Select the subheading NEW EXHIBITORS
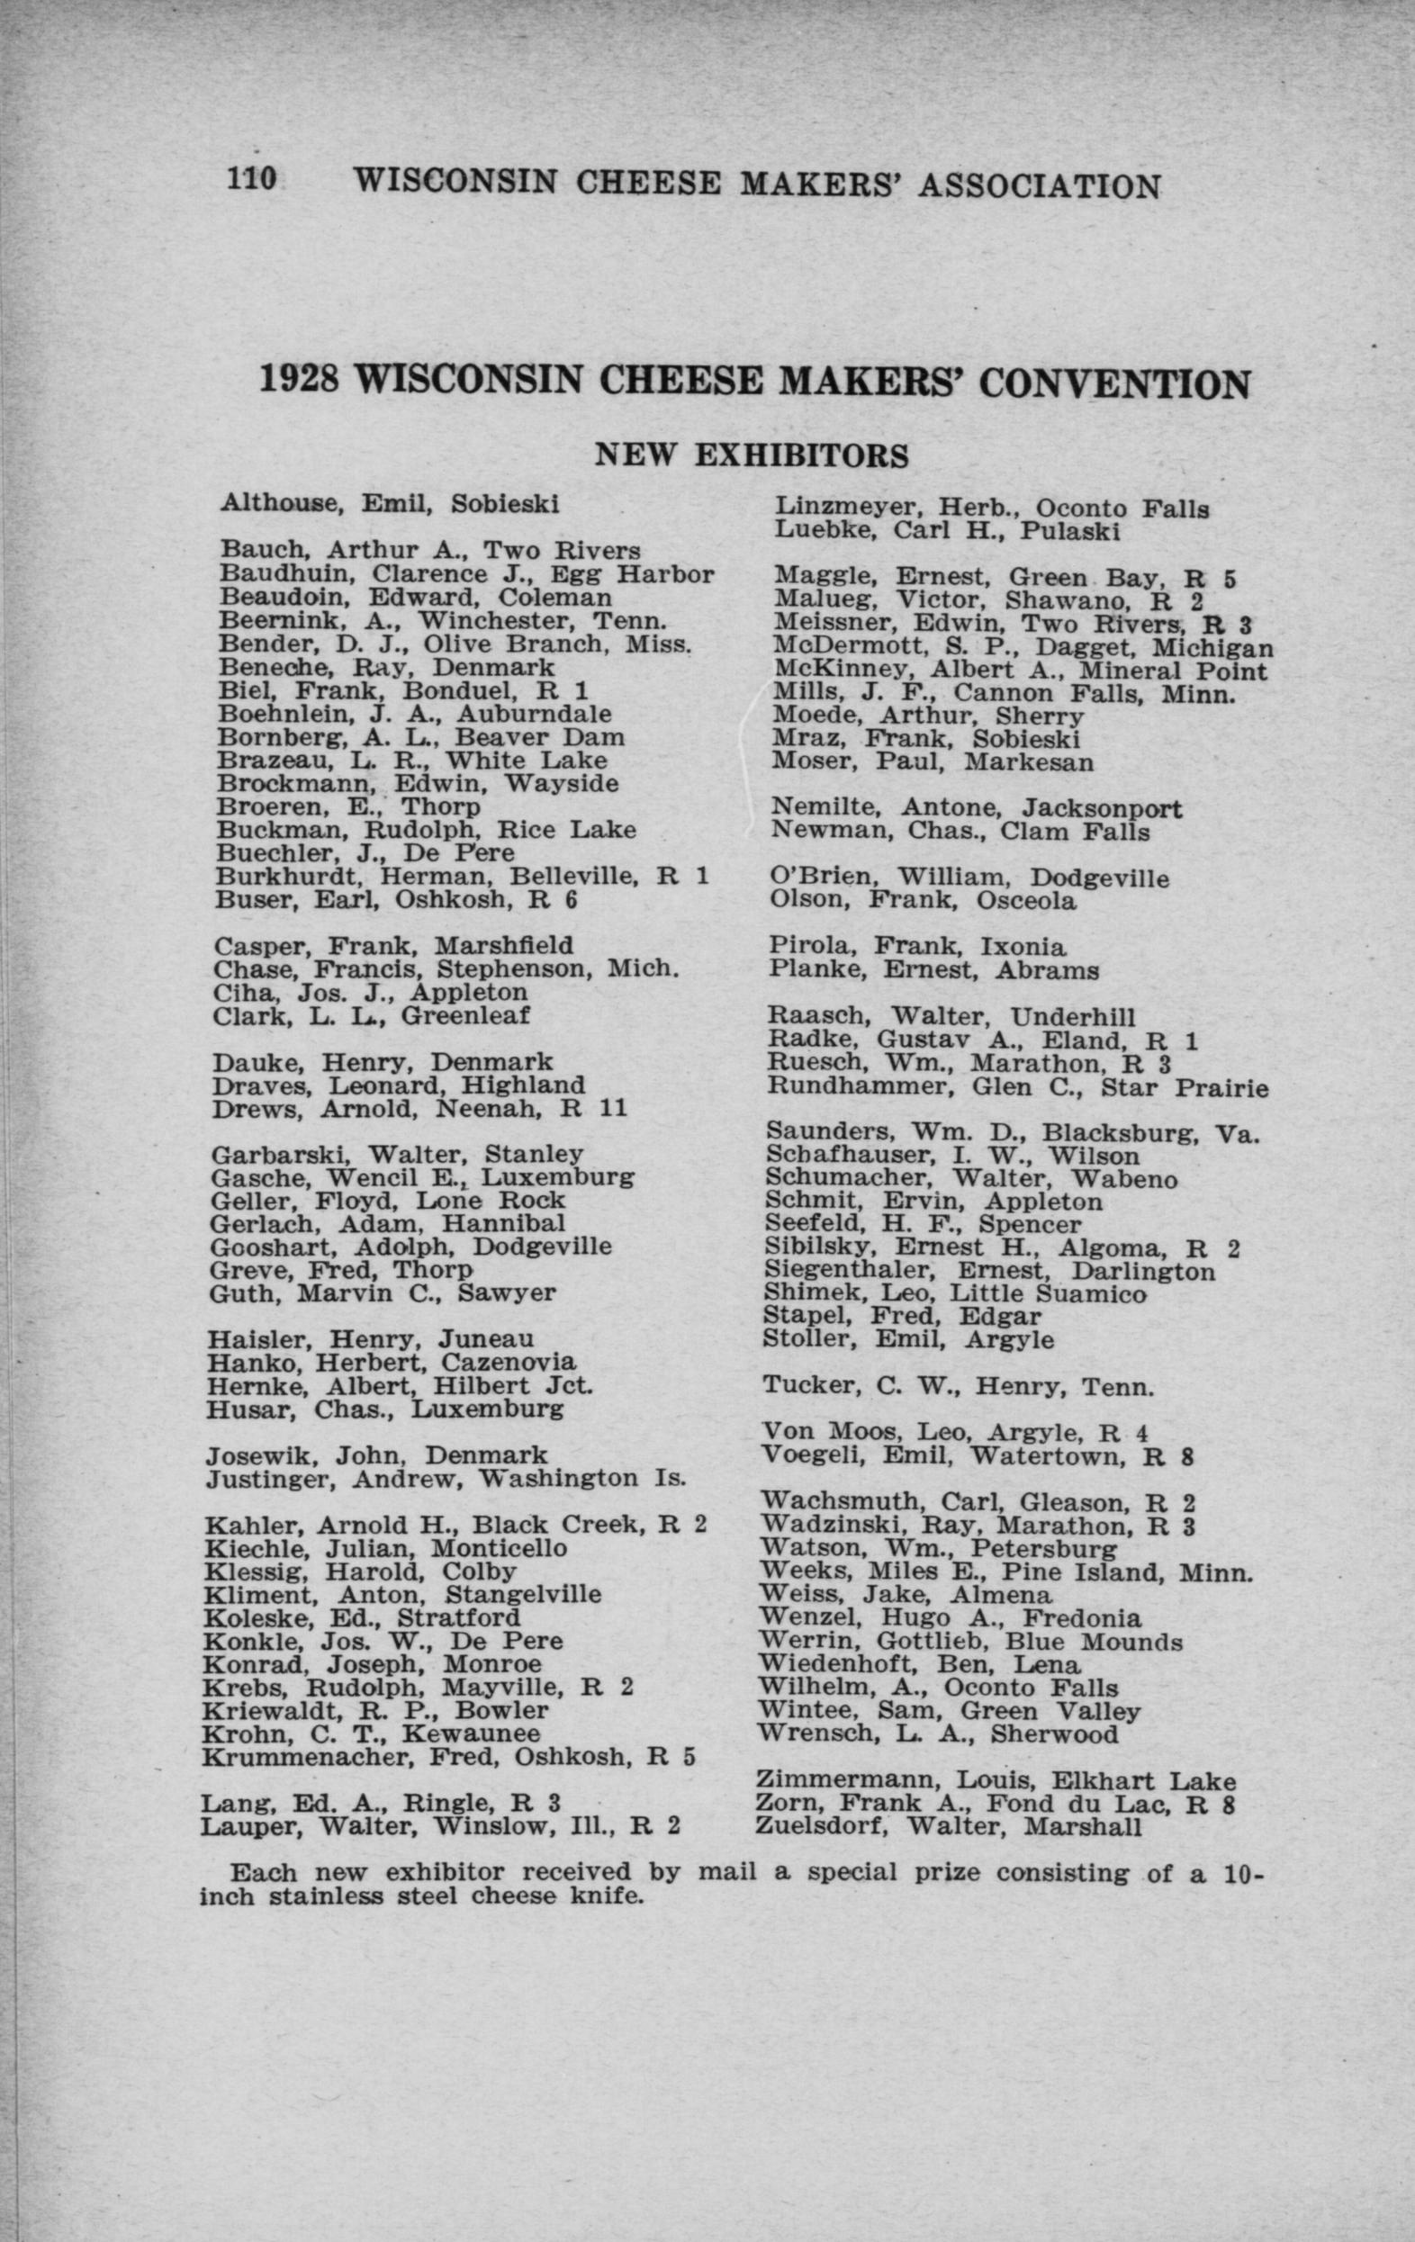coord(752,455)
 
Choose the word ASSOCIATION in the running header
coord(1039,185)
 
